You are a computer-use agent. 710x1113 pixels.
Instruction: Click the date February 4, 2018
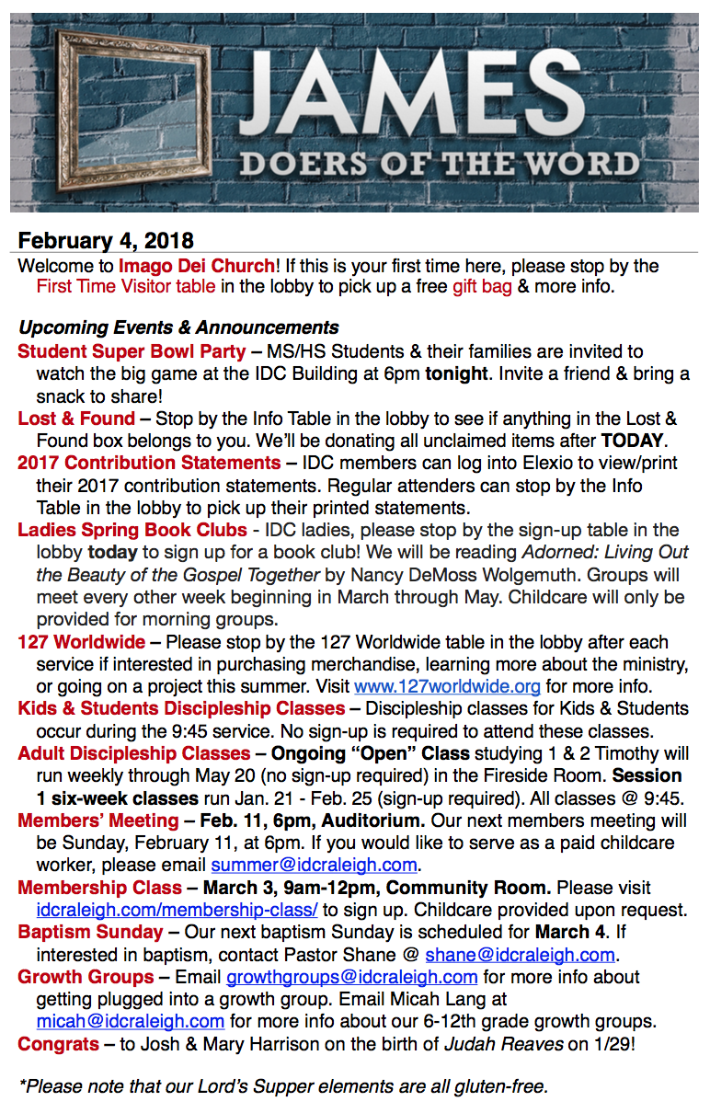tap(106, 241)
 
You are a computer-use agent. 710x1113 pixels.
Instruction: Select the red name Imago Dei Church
tap(196, 266)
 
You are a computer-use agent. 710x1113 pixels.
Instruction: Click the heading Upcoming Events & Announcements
tap(178, 327)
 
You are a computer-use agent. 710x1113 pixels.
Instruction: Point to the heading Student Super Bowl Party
tap(132, 351)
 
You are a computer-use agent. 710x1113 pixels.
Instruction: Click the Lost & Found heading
tap(76, 419)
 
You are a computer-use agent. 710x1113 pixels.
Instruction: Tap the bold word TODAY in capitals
tap(633, 441)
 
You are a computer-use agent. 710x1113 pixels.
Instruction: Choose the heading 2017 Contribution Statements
tap(149, 463)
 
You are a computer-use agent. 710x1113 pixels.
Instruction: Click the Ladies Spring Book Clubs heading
tap(132, 530)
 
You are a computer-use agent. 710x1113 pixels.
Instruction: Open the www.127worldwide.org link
tap(447, 686)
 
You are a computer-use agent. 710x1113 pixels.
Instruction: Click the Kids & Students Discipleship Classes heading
tap(181, 708)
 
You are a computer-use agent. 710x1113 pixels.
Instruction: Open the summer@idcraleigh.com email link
tap(315, 865)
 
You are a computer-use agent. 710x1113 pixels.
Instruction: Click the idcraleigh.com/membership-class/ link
tap(177, 910)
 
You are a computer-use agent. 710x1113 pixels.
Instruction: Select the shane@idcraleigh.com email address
tap(520, 955)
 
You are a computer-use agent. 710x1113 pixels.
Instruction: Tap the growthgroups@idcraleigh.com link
tap(352, 977)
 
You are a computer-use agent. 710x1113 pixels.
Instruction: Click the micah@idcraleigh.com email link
tap(131, 1021)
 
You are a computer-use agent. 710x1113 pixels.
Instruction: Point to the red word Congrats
tap(58, 1044)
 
